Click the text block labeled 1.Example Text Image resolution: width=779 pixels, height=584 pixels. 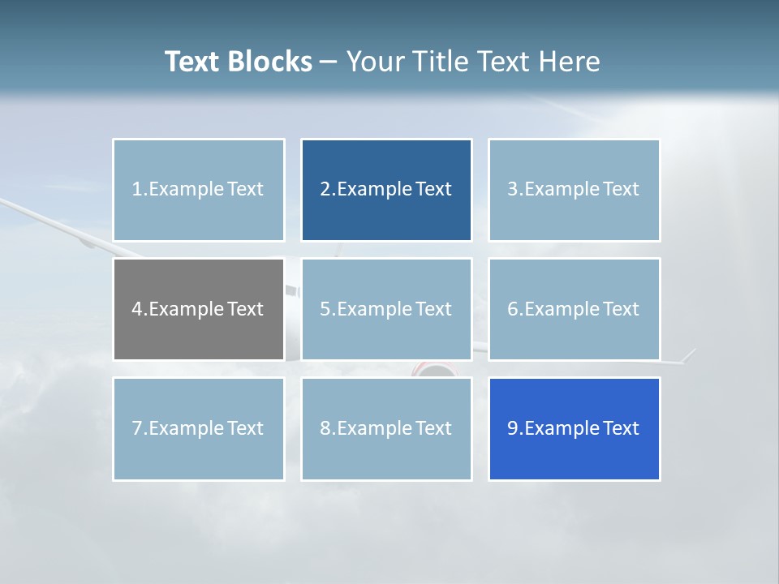pyautogui.click(x=198, y=190)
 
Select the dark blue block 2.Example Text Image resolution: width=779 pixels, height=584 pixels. pyautogui.click(x=386, y=190)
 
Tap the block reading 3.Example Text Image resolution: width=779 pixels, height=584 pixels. pyautogui.click(x=574, y=190)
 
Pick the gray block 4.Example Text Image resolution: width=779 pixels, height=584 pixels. pyautogui.click(x=198, y=309)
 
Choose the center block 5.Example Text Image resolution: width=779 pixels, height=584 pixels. pyautogui.click(x=386, y=309)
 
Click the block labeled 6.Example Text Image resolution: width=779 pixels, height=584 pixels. pyautogui.click(x=574, y=309)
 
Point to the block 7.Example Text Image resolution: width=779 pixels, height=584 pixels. pyautogui.click(x=198, y=428)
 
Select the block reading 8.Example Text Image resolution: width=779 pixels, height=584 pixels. pyautogui.click(x=386, y=428)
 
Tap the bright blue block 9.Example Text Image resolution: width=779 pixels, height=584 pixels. pyautogui.click(x=574, y=428)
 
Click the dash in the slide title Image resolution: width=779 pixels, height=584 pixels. pyautogui.click(x=329, y=62)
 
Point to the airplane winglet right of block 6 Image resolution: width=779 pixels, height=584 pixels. pyautogui.click(x=689, y=354)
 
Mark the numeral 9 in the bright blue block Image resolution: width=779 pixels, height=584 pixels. pyautogui.click(x=512, y=428)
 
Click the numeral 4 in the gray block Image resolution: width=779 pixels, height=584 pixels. pyautogui.click(x=136, y=309)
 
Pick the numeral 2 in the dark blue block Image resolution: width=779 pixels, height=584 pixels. pyautogui.click(x=325, y=190)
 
